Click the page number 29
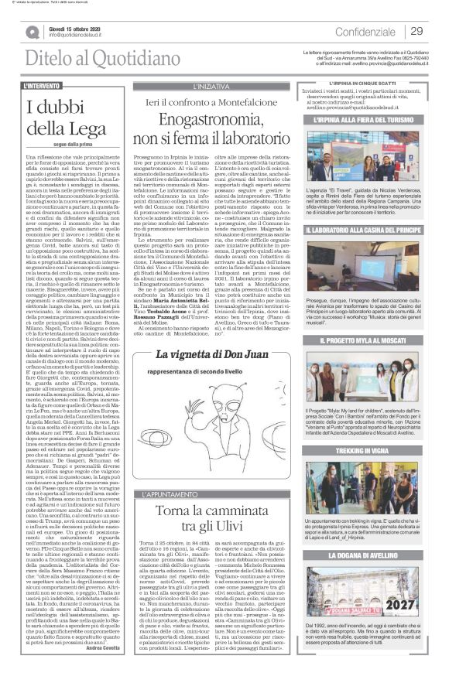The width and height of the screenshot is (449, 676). point(417,31)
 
